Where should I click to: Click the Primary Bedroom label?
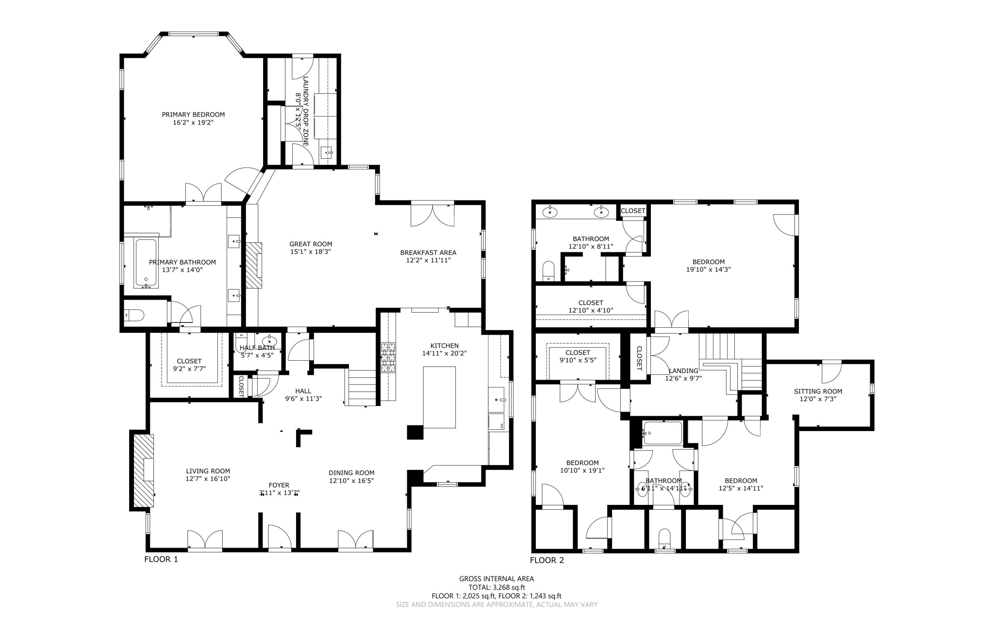(193, 115)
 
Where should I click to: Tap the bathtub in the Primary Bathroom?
(146, 262)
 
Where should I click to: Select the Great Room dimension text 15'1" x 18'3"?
(311, 252)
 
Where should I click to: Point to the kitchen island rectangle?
(439, 397)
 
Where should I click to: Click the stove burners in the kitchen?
(388, 357)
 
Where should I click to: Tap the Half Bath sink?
(269, 340)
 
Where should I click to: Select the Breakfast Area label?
(428, 252)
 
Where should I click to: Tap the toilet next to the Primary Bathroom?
(134, 316)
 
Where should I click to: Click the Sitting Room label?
(818, 391)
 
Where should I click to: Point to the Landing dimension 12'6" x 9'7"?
(683, 378)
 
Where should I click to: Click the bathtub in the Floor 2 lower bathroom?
(663, 433)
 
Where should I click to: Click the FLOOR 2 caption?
(547, 560)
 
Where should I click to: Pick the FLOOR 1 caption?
(161, 559)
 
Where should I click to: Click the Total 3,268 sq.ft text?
(497, 587)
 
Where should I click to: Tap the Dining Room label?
(351, 473)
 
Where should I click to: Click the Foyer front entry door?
(279, 539)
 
